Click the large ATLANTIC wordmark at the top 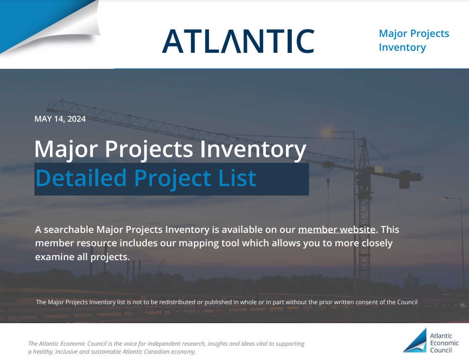tap(238, 41)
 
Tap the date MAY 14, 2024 tap(60, 119)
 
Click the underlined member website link tap(337, 230)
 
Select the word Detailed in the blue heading tap(81, 178)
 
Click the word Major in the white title tap(66, 149)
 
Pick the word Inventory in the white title tap(253, 149)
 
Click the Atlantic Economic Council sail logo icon tap(415, 340)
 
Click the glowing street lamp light tap(328, 132)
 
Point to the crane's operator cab tap(378, 170)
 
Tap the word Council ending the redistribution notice tap(407, 302)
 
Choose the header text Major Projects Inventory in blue tap(414, 40)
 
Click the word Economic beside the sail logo tap(444, 343)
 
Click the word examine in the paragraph tap(55, 257)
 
